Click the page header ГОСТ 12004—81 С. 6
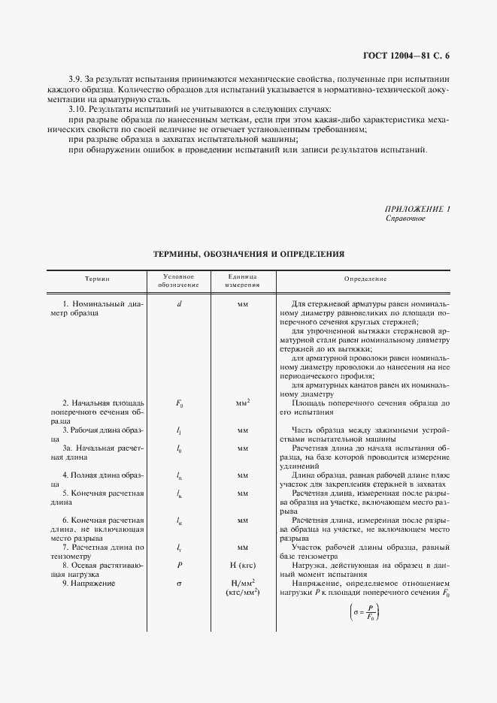pos(410,56)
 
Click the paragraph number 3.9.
pos(75,79)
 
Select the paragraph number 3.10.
pos(77,109)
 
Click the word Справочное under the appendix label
pos(405,219)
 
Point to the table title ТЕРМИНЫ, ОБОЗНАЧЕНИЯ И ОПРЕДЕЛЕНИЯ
pos(248,255)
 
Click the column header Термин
pos(98,279)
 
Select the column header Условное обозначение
pos(179,279)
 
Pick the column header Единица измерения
pos(243,279)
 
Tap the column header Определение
pos(365,279)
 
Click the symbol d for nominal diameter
pos(179,303)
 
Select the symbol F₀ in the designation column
pos(179,403)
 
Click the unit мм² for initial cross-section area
pos(243,403)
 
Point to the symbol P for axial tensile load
pos(179,564)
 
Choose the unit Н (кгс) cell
pos(243,564)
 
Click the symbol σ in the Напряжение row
pos(179,582)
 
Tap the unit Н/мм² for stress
pos(243,582)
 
